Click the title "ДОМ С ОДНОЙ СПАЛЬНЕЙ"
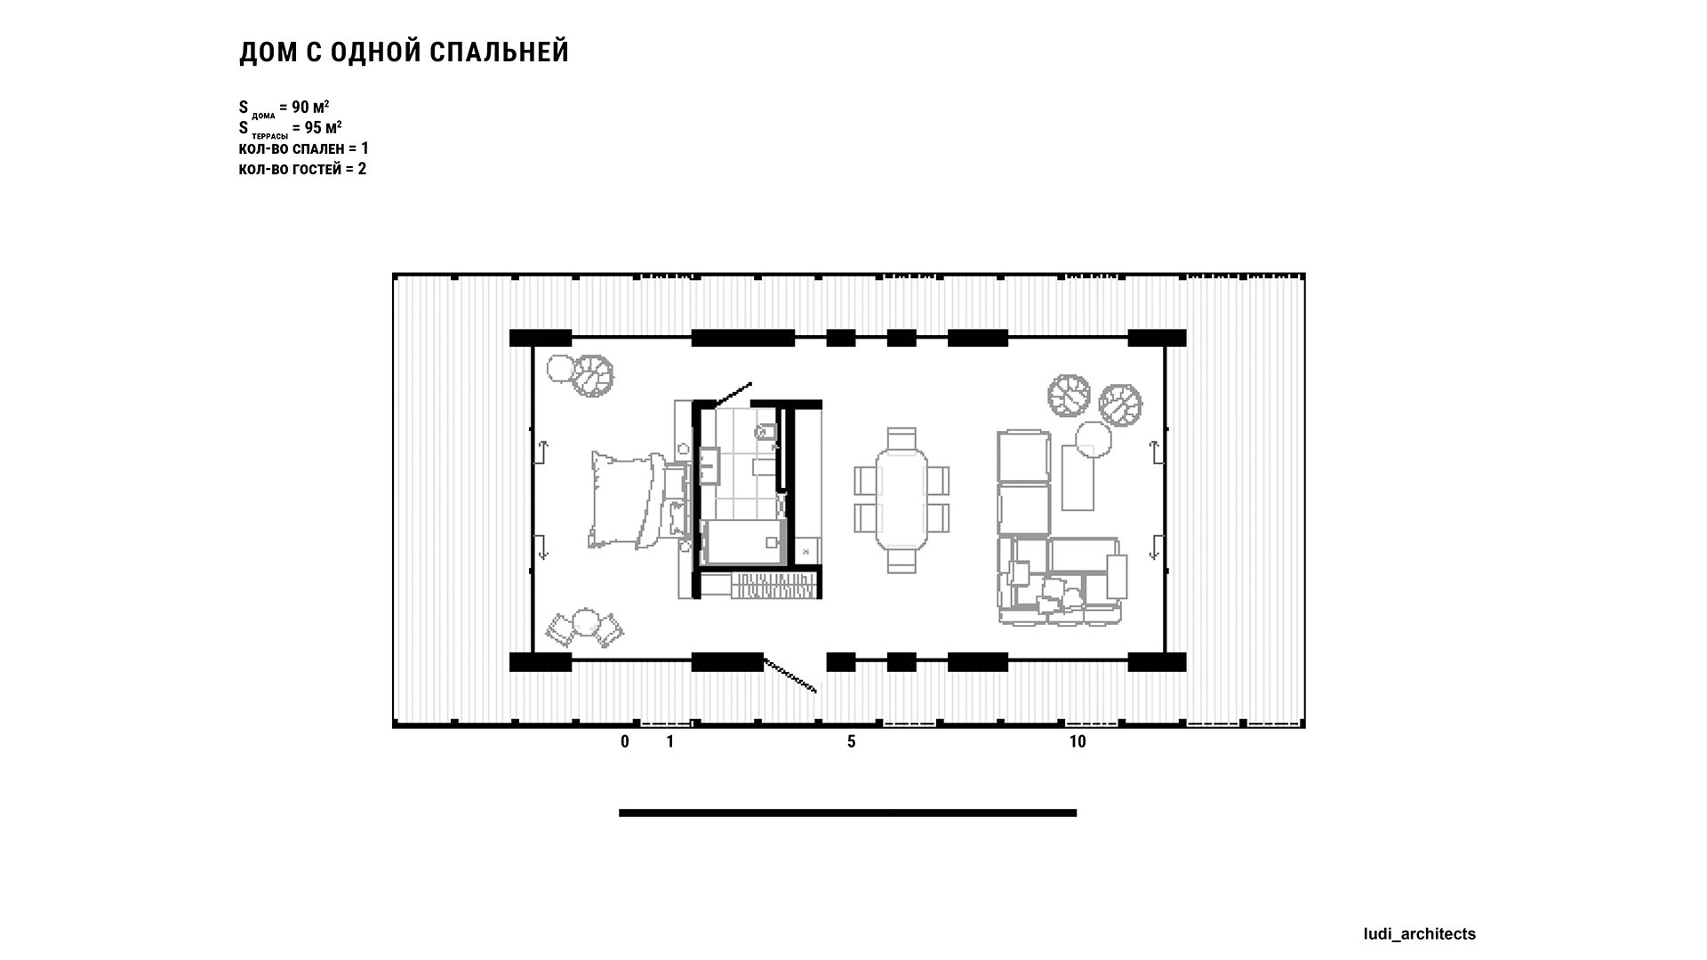pos(404,52)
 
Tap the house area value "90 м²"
pos(310,108)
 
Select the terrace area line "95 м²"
pos(323,127)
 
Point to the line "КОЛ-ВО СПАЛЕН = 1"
pos(303,148)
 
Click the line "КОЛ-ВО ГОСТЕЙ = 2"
pos(302,169)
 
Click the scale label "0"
pos(625,741)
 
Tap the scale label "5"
pos(852,741)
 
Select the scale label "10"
pos(1078,741)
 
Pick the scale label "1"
pos(670,741)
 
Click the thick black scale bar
pos(848,812)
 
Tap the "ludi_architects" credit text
pos(1420,933)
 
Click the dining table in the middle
pos(902,500)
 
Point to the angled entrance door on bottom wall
pos(790,675)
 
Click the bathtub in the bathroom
pos(743,542)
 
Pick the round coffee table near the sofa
pos(1094,439)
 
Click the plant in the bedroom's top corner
pos(591,375)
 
